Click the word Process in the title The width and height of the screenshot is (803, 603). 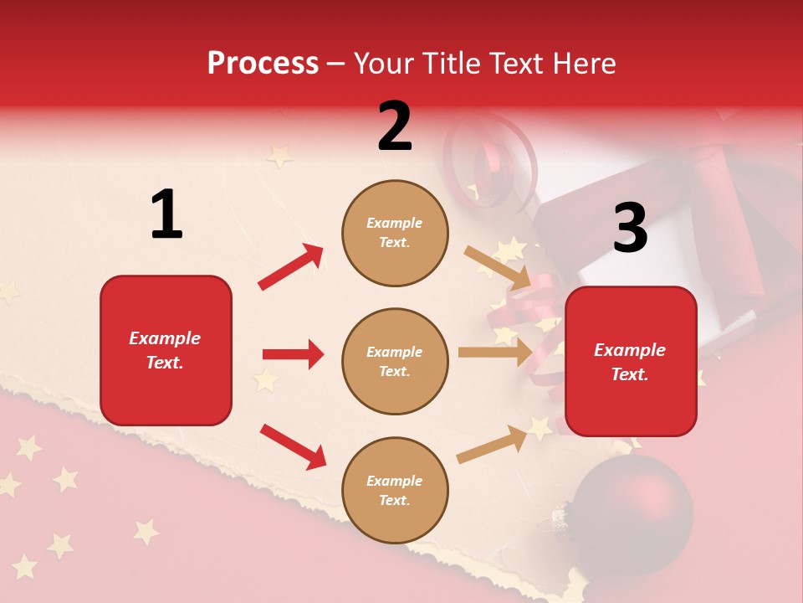coord(263,64)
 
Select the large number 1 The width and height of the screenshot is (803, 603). coord(166,215)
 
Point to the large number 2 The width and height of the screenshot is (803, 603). coord(395,126)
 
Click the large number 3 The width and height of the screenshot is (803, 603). coord(630,228)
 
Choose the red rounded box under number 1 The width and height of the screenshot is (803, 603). coord(166,350)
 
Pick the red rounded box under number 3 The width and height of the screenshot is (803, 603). coord(631,361)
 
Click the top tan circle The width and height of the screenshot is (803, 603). coord(395,233)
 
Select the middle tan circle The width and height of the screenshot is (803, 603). coord(395,361)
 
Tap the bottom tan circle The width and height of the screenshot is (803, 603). coord(395,490)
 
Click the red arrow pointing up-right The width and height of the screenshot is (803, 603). coord(290,267)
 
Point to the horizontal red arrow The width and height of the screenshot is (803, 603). coord(293,354)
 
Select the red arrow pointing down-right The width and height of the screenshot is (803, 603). coord(293,446)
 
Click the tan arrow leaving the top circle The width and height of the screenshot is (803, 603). coord(497,267)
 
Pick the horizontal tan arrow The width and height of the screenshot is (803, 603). coord(494,353)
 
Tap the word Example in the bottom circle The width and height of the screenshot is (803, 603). coord(395,481)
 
